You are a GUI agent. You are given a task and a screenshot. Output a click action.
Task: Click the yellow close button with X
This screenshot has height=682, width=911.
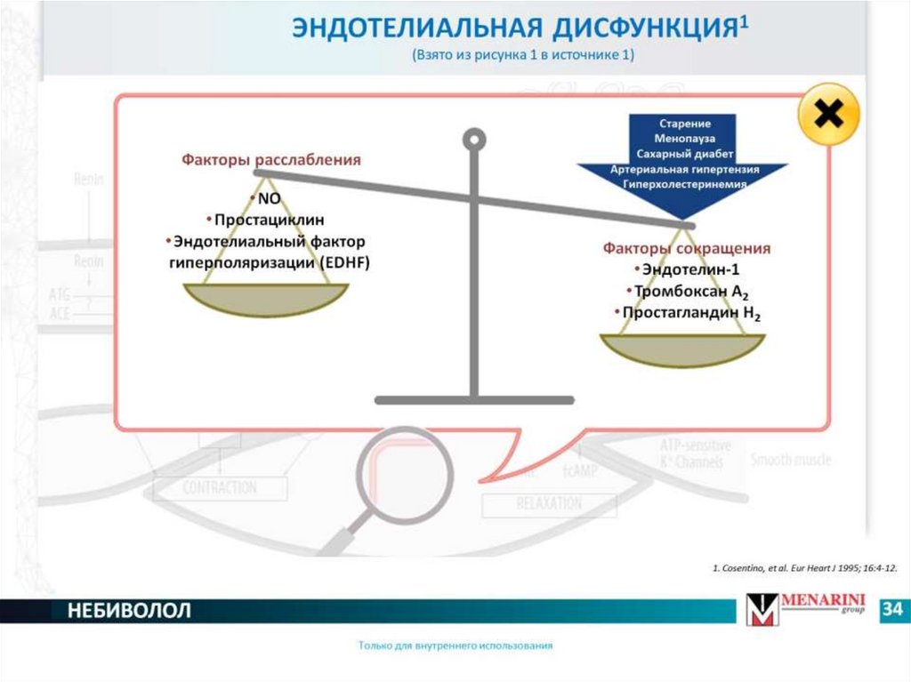click(x=829, y=115)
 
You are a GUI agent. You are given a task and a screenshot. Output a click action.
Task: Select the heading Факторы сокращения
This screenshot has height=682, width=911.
click(x=686, y=248)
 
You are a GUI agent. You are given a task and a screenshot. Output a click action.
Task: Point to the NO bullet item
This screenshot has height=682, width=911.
click(x=268, y=198)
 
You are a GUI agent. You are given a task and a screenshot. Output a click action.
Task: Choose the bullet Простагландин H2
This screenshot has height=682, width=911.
click(x=690, y=314)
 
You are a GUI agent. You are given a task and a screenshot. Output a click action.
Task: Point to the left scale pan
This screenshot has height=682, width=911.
click(x=266, y=299)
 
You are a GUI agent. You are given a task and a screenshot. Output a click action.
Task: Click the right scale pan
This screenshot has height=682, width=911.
click(x=682, y=349)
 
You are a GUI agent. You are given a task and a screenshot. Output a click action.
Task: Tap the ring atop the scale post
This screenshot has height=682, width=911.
click(x=475, y=139)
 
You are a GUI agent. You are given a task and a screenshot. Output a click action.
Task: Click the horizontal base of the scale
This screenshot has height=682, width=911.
click(x=474, y=400)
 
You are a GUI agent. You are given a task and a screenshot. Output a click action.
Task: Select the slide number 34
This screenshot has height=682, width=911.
click(x=892, y=610)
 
